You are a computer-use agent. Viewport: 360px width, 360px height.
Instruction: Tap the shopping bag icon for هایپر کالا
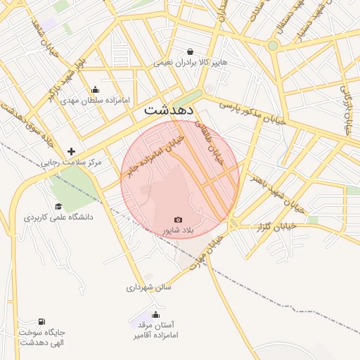pyautogui.click(x=191, y=51)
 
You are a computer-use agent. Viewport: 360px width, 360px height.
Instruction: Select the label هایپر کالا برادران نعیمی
pyautogui.click(x=191, y=63)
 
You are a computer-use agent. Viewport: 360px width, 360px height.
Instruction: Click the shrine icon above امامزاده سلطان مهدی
pyautogui.click(x=96, y=89)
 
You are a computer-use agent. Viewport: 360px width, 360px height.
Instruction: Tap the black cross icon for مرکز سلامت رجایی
pyautogui.click(x=71, y=151)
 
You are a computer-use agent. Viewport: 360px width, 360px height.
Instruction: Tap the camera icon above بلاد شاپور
pyautogui.click(x=178, y=220)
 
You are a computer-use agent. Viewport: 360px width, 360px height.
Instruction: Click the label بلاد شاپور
pyautogui.click(x=178, y=231)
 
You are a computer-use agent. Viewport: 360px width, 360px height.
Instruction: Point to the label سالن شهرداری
pyautogui.click(x=149, y=287)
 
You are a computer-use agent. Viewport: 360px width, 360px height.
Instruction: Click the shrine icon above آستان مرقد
pyautogui.click(x=155, y=314)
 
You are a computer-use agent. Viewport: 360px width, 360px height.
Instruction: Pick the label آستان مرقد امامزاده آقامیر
pyautogui.click(x=155, y=330)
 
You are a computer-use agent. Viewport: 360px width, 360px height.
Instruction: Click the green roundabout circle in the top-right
pyautogui.click(x=273, y=45)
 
